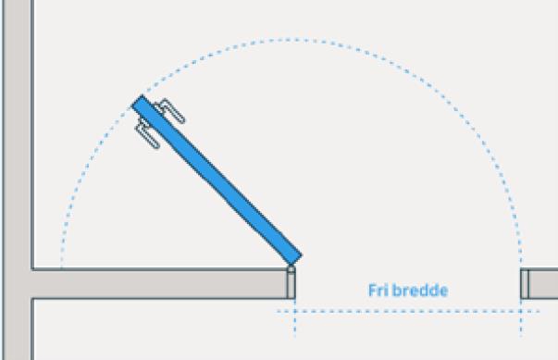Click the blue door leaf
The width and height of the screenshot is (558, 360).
click(218, 179)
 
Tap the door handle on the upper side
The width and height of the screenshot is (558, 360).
click(169, 111)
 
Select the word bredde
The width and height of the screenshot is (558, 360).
click(423, 291)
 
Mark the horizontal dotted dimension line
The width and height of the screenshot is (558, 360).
click(407, 311)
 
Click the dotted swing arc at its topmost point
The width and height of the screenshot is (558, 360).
click(291, 39)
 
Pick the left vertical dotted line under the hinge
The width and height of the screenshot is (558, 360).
click(294, 319)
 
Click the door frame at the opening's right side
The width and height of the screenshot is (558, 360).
click(525, 284)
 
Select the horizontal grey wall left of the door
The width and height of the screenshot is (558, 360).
click(157, 284)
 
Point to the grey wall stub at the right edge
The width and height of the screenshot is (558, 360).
click(544, 284)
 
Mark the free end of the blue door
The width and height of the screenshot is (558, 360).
click(141, 103)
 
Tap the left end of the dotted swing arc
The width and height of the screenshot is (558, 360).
click(61, 265)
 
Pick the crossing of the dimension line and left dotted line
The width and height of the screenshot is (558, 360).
click(294, 311)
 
